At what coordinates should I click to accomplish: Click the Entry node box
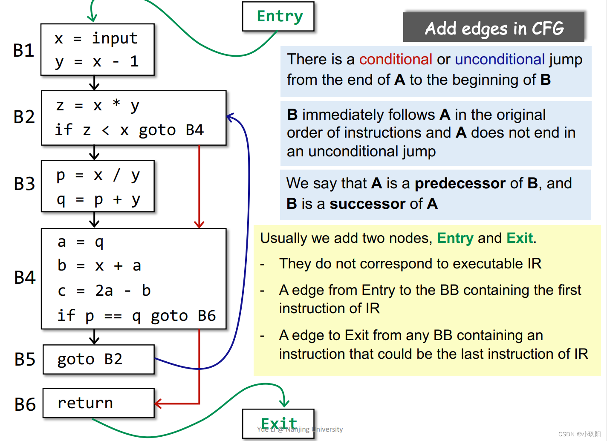coord(278,17)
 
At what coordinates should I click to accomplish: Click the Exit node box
coord(278,424)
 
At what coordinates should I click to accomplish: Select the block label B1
coord(24,50)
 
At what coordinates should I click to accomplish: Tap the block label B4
coord(25,278)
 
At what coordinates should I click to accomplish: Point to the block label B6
coord(25,404)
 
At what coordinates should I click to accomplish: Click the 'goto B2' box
coord(98,360)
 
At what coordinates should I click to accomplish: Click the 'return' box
coord(98,403)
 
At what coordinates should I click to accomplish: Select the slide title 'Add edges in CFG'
coord(494,28)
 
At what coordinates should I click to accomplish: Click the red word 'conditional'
coord(396,59)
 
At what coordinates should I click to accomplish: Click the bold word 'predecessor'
coord(460,183)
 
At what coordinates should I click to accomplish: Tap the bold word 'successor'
coord(367,204)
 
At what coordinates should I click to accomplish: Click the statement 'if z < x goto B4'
coord(129,130)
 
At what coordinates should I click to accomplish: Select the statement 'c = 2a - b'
coord(104,291)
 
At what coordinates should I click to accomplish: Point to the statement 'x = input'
coord(96,39)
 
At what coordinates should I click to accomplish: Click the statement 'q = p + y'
coord(98,199)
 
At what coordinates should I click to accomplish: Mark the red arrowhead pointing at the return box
coord(158,404)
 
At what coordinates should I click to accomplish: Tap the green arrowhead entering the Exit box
coord(284,403)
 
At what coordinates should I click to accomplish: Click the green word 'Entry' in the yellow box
coord(455,238)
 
